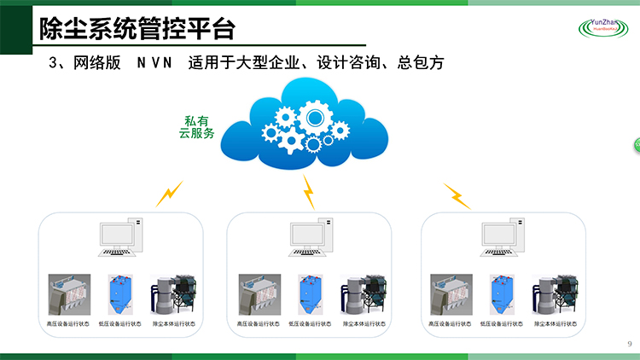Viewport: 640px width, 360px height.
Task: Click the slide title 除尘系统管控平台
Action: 137,28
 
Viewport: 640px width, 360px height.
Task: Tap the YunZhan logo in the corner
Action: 608,28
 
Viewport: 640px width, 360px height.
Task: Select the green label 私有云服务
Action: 196,127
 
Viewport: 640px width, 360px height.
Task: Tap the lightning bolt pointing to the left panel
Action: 169,194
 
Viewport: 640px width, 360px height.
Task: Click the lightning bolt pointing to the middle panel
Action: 310,193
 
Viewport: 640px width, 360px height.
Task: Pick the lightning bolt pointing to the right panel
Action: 457,196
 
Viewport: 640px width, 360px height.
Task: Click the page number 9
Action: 629,344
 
